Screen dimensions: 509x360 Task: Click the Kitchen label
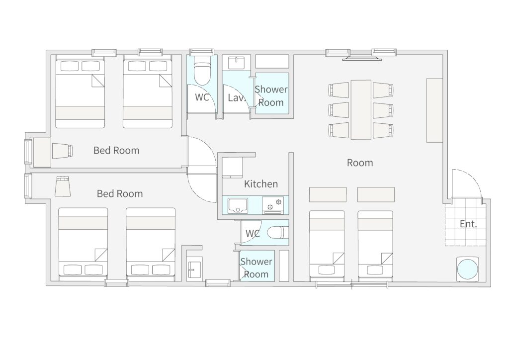point(260,184)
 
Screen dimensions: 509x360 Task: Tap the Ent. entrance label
point(468,224)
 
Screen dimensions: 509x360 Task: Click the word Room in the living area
point(360,163)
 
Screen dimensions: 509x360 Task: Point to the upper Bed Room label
point(116,150)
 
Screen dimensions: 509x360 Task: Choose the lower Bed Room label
point(120,193)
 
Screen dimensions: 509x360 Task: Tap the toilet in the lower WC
point(276,232)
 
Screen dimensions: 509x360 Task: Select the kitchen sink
point(238,205)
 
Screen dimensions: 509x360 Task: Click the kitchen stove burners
point(273,205)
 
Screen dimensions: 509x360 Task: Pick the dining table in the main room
point(361,110)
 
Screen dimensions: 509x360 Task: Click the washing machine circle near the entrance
point(467,269)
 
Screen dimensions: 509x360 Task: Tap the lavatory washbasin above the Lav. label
point(236,63)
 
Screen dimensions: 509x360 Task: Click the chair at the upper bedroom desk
point(62,151)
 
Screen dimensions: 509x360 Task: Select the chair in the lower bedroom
point(63,186)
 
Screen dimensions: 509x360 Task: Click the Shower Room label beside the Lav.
point(271,96)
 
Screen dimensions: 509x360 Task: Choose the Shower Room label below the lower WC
point(256,268)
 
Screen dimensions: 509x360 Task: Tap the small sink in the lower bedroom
point(195,268)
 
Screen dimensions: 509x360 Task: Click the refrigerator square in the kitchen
point(233,167)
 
